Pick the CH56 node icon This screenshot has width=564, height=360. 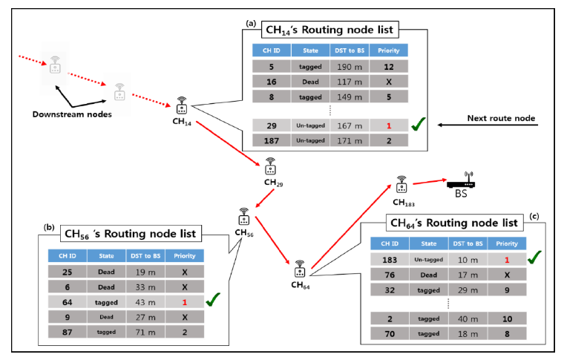(243, 216)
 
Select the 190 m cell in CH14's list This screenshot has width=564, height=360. (347, 68)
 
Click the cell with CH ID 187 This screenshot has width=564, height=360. (272, 140)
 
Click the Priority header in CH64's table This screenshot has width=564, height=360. (507, 243)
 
